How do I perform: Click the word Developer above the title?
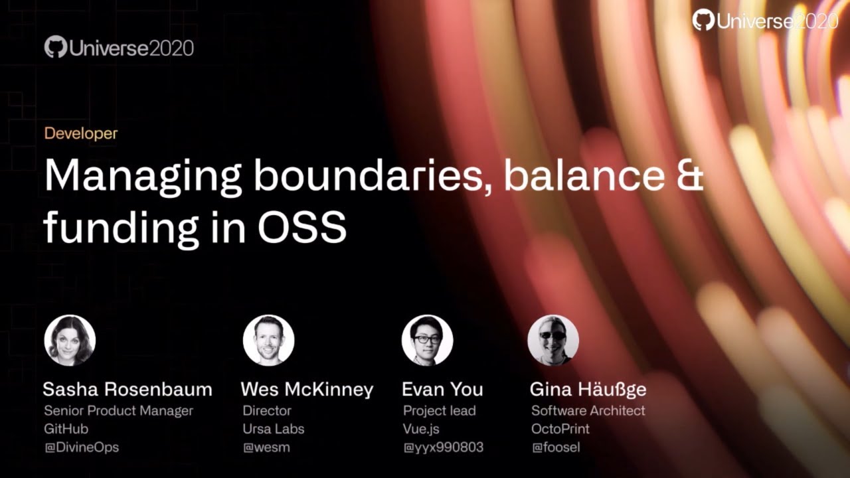tap(80, 133)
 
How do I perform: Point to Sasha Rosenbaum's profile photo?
tap(70, 341)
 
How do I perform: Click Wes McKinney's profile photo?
tap(268, 341)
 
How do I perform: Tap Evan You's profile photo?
tap(427, 341)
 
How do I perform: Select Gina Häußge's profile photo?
tap(552, 341)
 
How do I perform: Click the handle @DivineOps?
tap(81, 447)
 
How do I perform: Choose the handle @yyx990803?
tap(443, 447)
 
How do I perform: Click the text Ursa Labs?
tap(273, 429)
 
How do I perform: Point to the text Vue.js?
tap(421, 429)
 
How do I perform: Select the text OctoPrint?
tap(560, 429)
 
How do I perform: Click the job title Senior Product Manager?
tap(118, 411)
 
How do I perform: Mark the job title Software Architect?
tap(588, 411)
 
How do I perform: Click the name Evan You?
tap(442, 389)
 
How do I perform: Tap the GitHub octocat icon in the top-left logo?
tap(56, 47)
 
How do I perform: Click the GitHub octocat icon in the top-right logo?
tap(703, 20)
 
